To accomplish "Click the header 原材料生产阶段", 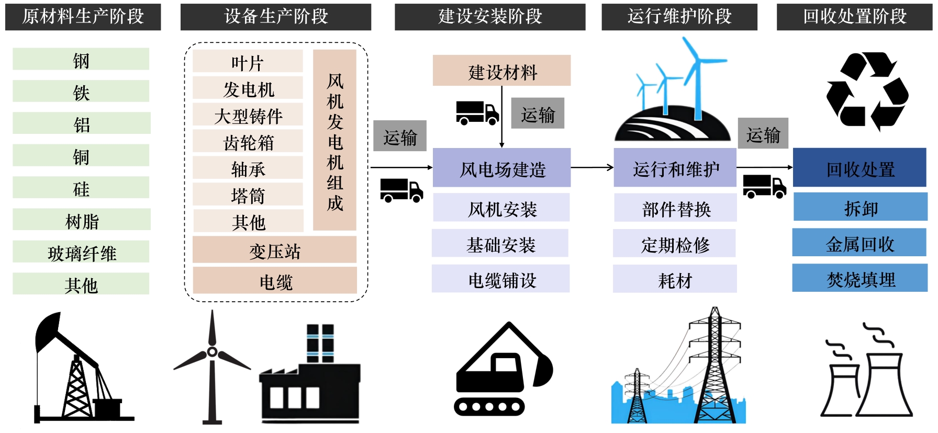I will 83,17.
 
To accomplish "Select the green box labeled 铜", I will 81,156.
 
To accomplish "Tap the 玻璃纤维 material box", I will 81,253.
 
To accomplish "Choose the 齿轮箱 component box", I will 248,142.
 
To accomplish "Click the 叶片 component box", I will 248,62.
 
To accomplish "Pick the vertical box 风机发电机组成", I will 334,140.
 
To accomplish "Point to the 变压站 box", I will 274,250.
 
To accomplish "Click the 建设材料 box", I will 501,71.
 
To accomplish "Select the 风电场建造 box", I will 501,168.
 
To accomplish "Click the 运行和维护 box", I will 675,168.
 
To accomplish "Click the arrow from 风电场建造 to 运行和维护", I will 591,168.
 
